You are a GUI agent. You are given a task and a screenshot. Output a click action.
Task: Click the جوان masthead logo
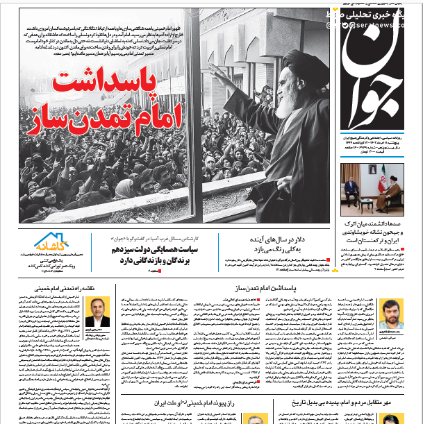coord(372,69)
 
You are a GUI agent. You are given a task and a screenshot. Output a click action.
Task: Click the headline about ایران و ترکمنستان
coord(372,232)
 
